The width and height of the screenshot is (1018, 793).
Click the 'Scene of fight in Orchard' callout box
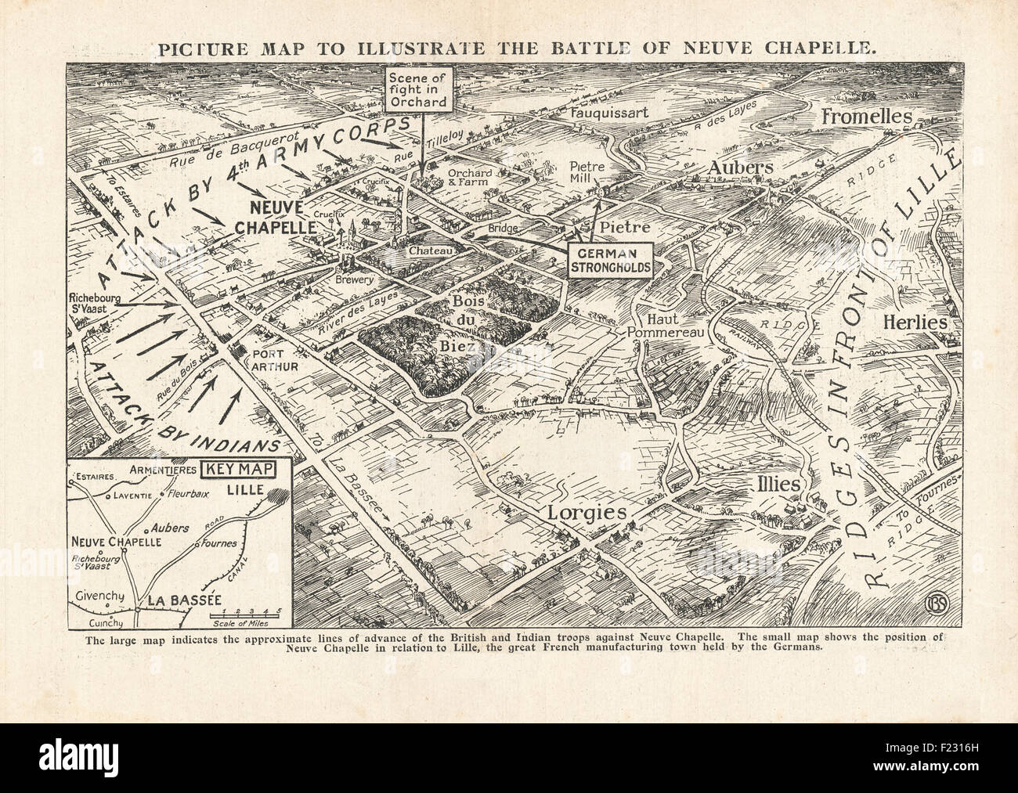click(x=421, y=88)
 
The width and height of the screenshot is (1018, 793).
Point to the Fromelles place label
click(x=867, y=117)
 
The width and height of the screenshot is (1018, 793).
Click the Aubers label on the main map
click(x=742, y=168)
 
